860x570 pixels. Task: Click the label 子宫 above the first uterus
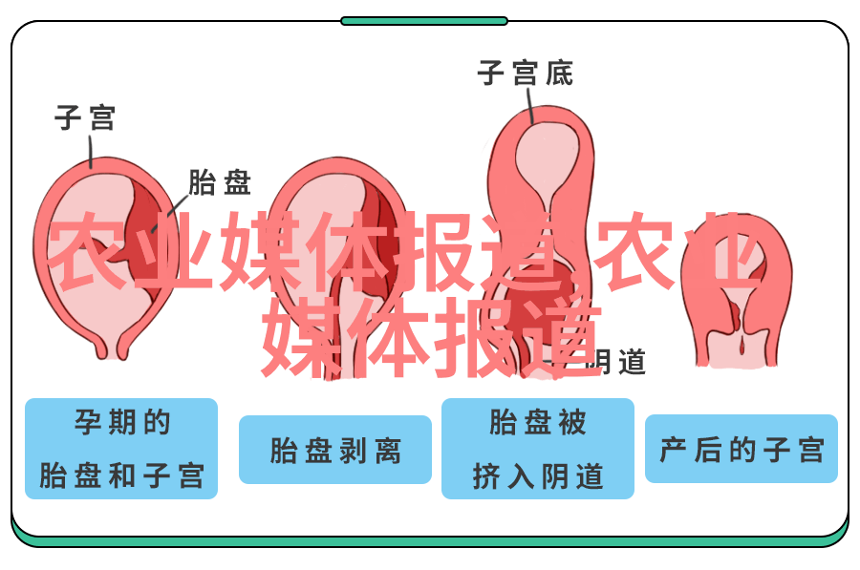pyautogui.click(x=85, y=117)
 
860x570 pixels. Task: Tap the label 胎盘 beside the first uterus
pyautogui.click(x=220, y=182)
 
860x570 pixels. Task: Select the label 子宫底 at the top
pyautogui.click(x=526, y=73)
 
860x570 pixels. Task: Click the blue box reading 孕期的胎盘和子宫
pyautogui.click(x=121, y=449)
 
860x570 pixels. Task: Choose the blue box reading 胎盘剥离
pyautogui.click(x=335, y=450)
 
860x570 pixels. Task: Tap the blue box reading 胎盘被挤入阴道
pyautogui.click(x=537, y=449)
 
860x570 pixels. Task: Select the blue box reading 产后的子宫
pyautogui.click(x=741, y=449)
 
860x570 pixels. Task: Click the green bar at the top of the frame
pyautogui.click(x=424, y=21)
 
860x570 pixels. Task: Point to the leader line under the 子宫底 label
pyautogui.click(x=530, y=106)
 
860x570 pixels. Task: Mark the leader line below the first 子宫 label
pyautogui.click(x=91, y=152)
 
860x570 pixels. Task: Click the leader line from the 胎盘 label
pyautogui.click(x=171, y=213)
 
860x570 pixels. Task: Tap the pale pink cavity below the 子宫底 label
pyautogui.click(x=547, y=161)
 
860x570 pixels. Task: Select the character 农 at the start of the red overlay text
pyautogui.click(x=88, y=251)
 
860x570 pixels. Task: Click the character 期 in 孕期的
pyautogui.click(x=121, y=422)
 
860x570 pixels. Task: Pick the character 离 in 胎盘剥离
pyautogui.click(x=388, y=451)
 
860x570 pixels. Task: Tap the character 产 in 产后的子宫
pyautogui.click(x=673, y=450)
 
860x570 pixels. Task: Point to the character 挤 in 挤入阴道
pyautogui.click(x=486, y=475)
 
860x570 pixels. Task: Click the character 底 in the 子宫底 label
pyautogui.click(x=559, y=73)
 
